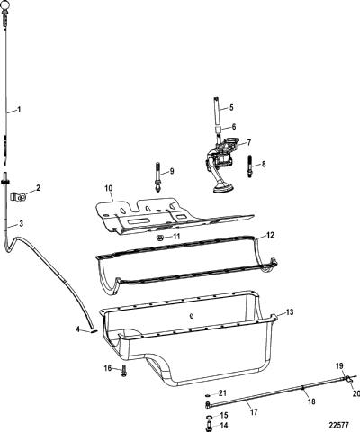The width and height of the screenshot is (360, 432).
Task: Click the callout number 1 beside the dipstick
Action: tap(19, 110)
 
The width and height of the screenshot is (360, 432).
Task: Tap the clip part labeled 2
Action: tap(19, 197)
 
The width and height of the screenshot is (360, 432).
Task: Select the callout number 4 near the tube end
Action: tap(77, 329)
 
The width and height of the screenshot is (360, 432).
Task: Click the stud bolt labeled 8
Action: tap(249, 166)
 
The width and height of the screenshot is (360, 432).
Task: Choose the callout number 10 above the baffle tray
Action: tap(109, 188)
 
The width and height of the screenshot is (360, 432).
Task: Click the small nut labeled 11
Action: tap(159, 238)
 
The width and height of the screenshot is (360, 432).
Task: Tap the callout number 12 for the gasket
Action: tap(270, 235)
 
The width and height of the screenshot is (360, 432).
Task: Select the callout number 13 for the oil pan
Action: tap(289, 312)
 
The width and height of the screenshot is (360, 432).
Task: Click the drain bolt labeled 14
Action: tap(209, 425)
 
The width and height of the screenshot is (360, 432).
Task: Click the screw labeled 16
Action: tap(123, 371)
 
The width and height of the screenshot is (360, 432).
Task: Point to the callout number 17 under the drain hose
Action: tap(254, 412)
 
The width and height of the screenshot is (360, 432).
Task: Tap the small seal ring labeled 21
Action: tap(207, 394)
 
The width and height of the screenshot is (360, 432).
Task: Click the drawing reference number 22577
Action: tap(338, 425)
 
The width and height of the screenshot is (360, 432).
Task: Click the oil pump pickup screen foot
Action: tap(222, 189)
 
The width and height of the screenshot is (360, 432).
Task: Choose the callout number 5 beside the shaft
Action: tap(231, 107)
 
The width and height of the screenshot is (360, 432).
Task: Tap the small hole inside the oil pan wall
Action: tap(191, 316)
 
